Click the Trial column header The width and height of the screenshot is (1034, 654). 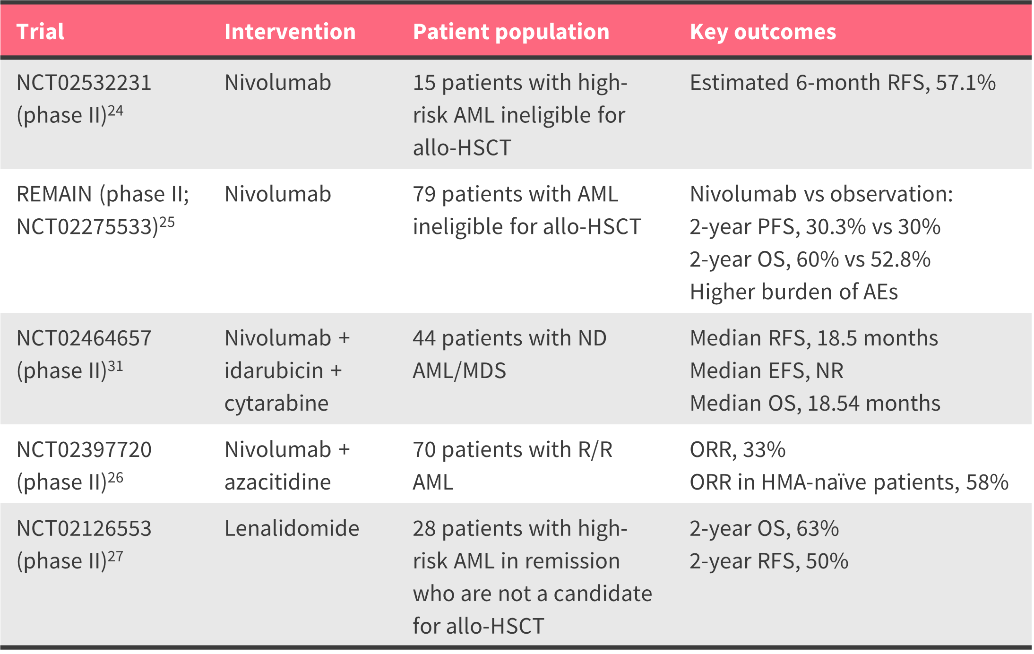[x=40, y=32]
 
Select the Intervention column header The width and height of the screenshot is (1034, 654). [x=290, y=32]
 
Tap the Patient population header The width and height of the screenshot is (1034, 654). [x=511, y=32]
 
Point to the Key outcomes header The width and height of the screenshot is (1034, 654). [x=763, y=32]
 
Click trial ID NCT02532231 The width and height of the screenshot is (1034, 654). [x=84, y=83]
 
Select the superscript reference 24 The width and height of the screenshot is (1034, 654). [x=115, y=111]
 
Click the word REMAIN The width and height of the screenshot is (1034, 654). [x=54, y=194]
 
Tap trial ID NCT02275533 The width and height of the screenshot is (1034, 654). [x=87, y=227]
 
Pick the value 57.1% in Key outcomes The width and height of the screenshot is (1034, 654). [x=965, y=83]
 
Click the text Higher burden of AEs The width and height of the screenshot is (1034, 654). [x=794, y=292]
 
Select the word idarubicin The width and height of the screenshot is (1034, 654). [x=274, y=370]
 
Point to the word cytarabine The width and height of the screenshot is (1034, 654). [x=276, y=404]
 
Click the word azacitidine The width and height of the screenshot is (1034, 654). [x=277, y=482]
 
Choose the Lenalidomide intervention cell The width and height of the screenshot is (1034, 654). [x=292, y=528]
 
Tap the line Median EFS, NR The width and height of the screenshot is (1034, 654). [x=767, y=370]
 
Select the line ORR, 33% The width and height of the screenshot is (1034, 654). [x=737, y=450]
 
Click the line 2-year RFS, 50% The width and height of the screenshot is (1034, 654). [x=769, y=561]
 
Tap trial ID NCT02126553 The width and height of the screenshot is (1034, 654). [x=84, y=528]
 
